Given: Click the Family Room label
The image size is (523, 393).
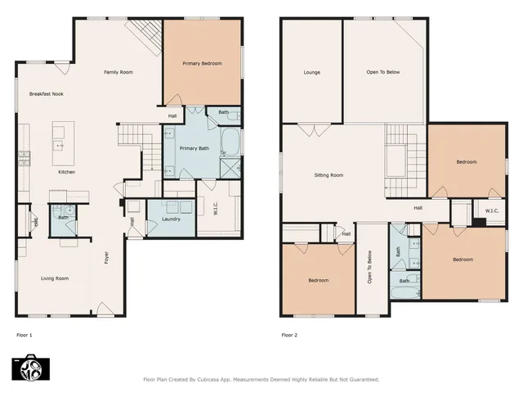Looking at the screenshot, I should (118, 72).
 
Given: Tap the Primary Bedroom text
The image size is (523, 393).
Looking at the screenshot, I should (202, 63).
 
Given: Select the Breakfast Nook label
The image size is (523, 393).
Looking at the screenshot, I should (47, 94).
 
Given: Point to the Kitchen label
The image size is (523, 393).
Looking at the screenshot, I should (67, 172).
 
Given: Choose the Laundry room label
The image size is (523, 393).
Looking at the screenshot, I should (171, 219).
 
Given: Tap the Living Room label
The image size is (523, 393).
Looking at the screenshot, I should (55, 278).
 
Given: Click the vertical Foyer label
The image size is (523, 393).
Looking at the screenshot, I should (106, 257).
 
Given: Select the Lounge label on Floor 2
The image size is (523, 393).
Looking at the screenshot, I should (311, 72).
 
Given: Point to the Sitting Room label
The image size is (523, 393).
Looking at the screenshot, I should (329, 175).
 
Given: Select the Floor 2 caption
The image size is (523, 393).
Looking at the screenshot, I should (290, 335).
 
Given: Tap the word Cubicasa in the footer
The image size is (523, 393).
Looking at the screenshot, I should (217, 380).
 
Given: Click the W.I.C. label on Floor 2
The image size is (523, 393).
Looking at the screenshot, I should (491, 211).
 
